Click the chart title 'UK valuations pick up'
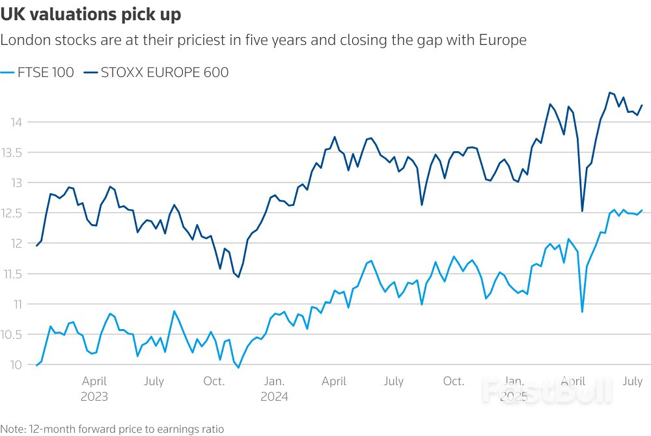pos(91,14)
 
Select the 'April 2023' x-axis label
pos(94,388)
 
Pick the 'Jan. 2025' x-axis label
pos(514,388)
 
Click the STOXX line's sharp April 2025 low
pos(582,211)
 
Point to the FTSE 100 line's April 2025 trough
pos(582,312)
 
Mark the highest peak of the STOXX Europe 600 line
pos(610,93)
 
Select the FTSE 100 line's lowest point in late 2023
pos(238,368)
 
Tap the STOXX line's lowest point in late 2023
pos(238,277)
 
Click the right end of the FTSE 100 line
pos(643,210)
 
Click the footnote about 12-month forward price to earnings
pos(112,429)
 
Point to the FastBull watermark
pos(547,391)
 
